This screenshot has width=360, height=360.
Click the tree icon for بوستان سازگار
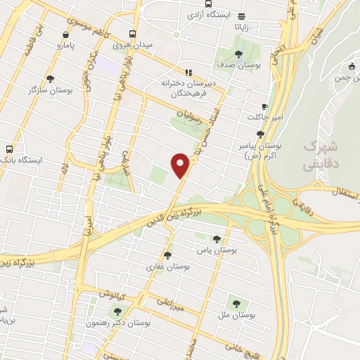[x=49, y=79]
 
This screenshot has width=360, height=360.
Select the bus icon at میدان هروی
[x=133, y=34]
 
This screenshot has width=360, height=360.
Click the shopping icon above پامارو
[x=65, y=34]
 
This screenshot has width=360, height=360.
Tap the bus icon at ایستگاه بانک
[x=9, y=149]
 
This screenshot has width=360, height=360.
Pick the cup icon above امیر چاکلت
[x=264, y=105]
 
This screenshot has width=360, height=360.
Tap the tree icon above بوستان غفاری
[x=167, y=255]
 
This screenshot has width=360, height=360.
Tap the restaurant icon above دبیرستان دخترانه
[x=187, y=72]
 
